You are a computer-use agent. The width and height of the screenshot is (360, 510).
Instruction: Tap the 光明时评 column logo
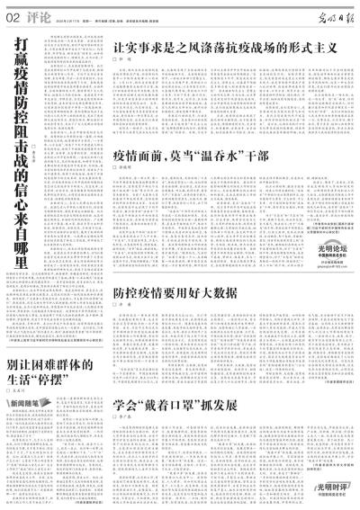(x=331, y=487)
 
